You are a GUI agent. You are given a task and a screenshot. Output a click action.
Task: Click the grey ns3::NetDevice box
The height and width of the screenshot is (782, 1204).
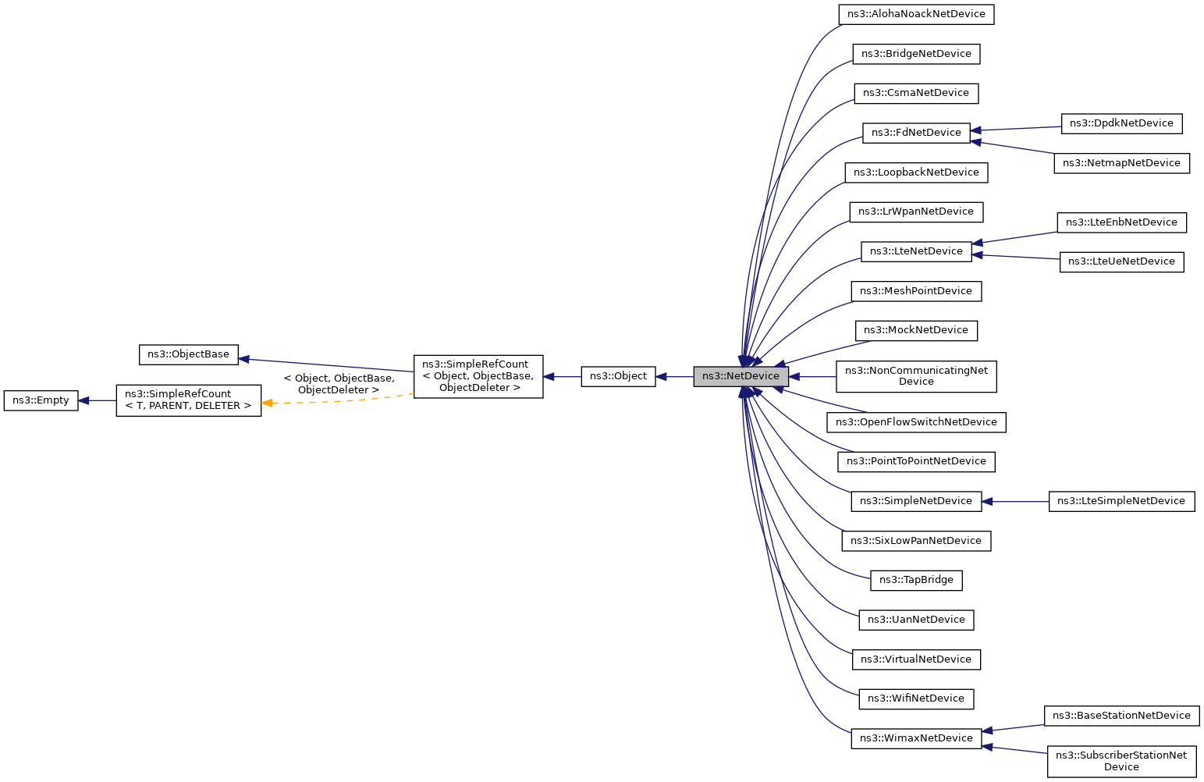741,376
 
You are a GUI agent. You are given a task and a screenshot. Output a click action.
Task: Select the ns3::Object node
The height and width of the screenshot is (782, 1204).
618,376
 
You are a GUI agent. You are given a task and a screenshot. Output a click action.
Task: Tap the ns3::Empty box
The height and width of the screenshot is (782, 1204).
41,400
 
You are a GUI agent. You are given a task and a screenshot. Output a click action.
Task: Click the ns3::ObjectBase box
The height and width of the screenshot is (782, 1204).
188,354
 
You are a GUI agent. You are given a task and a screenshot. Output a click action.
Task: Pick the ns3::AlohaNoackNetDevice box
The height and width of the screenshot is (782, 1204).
916,14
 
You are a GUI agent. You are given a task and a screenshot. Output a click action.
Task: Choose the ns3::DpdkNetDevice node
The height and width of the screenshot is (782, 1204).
1121,123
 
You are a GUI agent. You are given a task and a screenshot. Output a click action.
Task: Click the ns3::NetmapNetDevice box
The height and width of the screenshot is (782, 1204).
1121,163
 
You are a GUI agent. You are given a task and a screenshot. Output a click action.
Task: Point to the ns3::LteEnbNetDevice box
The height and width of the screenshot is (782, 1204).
1121,222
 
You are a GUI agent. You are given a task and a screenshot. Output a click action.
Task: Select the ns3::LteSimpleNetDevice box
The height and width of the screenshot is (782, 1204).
1121,501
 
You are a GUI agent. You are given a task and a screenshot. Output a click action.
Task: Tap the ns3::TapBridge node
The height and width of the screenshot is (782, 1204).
916,580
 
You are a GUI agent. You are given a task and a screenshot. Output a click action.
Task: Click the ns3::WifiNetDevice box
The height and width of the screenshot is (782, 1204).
916,698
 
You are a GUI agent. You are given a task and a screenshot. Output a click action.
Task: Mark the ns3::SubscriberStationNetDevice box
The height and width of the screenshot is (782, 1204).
1121,761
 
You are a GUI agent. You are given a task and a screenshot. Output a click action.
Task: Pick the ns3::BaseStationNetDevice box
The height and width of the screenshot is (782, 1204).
1121,716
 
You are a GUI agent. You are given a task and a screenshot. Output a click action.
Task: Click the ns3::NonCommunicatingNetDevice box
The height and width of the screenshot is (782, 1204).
916,376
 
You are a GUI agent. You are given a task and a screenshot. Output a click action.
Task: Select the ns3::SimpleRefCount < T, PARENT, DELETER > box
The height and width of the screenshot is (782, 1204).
188,400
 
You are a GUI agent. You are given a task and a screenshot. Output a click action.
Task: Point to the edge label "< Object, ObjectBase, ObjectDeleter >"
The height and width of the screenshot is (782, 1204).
339,384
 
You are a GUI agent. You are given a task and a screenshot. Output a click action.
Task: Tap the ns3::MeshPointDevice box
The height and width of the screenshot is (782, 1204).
916,291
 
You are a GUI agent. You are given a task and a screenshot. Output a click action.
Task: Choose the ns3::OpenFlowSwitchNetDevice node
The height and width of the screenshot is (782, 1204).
916,422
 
